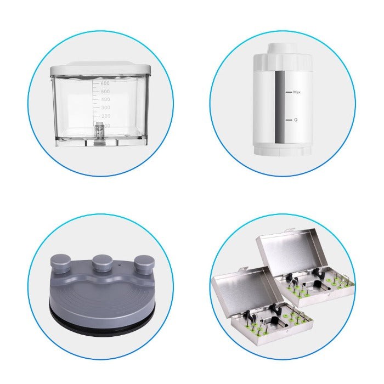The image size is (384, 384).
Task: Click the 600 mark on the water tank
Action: [x=105, y=83]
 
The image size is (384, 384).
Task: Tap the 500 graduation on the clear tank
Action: [x=105, y=92]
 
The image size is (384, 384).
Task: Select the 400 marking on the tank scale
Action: [x=105, y=100]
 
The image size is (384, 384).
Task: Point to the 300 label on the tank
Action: [x=105, y=108]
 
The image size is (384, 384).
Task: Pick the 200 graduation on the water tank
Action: [x=105, y=116]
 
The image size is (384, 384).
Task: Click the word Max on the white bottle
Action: [x=297, y=93]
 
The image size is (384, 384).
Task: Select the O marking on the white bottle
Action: [x=296, y=120]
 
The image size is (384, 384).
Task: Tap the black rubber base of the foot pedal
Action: [x=99, y=321]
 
